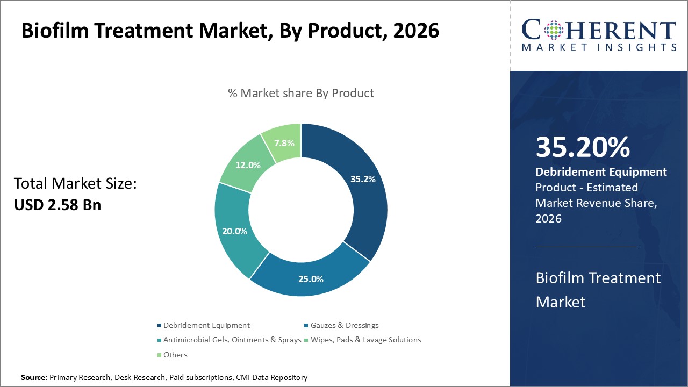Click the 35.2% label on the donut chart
click(362, 179)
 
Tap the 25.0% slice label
click(311, 279)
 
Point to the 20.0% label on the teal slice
click(235, 231)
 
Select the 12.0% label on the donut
click(248, 165)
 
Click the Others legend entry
click(175, 355)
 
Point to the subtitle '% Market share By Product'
click(301, 93)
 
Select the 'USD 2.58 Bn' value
click(58, 205)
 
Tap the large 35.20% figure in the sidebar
click(583, 147)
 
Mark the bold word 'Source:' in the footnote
click(34, 377)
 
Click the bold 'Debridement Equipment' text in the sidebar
click(601, 172)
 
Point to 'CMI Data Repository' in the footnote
click(271, 377)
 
